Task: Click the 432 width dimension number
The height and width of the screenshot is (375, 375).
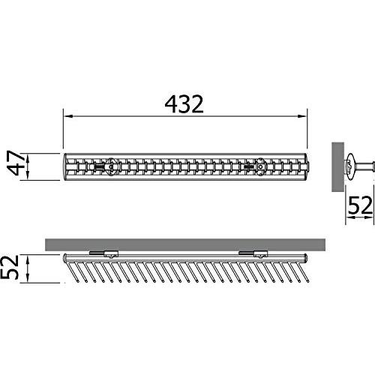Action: click(184, 104)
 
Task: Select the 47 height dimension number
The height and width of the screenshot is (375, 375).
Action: click(16, 163)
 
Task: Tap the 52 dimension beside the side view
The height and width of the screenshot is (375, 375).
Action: click(360, 205)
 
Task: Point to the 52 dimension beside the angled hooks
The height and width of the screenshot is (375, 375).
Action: click(10, 267)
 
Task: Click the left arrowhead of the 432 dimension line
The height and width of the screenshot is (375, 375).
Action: click(68, 116)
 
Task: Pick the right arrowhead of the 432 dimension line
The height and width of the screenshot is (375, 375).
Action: click(302, 116)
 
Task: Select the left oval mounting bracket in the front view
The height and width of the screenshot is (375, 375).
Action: click(110, 166)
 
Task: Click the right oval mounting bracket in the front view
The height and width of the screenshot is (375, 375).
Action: click(260, 166)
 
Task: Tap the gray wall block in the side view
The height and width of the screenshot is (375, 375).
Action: click(337, 167)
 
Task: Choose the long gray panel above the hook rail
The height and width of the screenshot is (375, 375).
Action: click(185, 244)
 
